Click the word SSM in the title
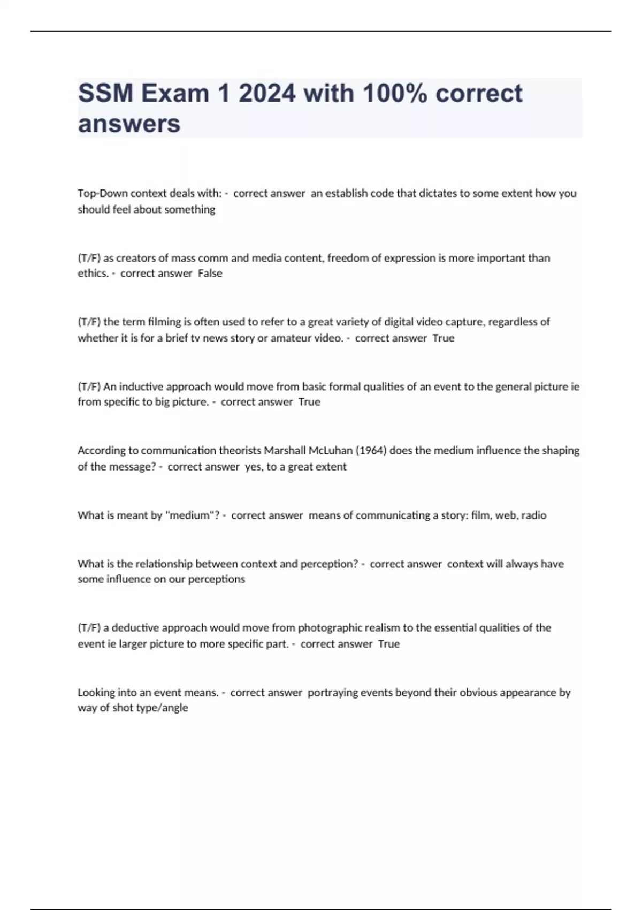105,94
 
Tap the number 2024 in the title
267,94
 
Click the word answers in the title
129,124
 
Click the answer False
210,273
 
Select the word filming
164,322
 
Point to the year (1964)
371,450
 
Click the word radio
533,515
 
